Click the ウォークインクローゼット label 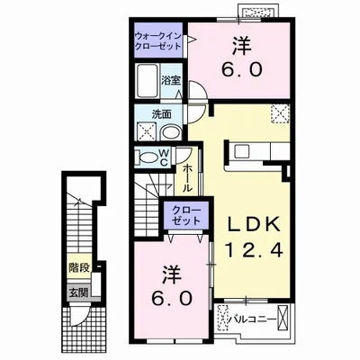tap(158, 40)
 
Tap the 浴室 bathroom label tap(171, 80)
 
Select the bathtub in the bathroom tap(148, 80)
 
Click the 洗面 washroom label tap(161, 114)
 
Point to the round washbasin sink tap(171, 132)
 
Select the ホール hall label tap(187, 178)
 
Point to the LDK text tap(253, 223)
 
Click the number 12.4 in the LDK tap(254, 250)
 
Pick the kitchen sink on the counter tap(242, 151)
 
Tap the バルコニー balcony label tap(252, 319)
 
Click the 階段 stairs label tap(79, 267)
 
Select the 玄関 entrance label tap(79, 292)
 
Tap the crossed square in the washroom tap(146, 131)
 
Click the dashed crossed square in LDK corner tap(281, 113)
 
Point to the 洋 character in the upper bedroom tap(242, 47)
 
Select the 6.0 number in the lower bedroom tap(172, 298)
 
